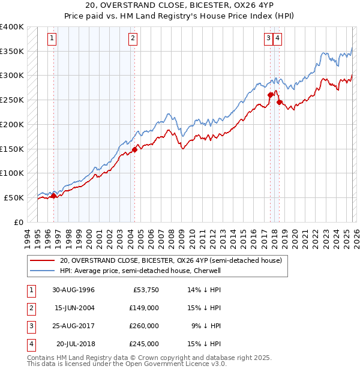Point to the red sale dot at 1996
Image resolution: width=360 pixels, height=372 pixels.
[54, 196]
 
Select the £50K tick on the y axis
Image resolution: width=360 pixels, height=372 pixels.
[14, 197]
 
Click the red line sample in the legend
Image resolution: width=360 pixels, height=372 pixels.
[43, 261]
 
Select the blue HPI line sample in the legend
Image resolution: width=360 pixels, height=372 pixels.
[43, 271]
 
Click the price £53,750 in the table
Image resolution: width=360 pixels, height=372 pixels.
[146, 290]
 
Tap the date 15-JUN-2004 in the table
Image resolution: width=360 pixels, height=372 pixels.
[73, 308]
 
